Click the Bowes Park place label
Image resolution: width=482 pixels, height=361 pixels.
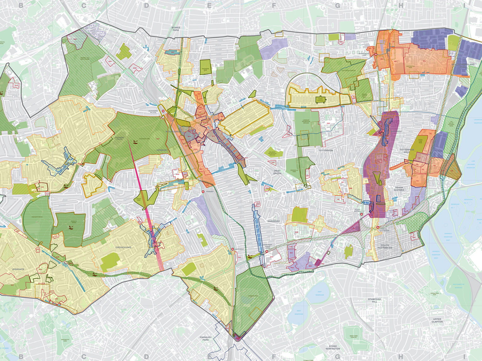click(x=176, y=29)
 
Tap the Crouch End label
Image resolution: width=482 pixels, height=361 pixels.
click(x=123, y=247)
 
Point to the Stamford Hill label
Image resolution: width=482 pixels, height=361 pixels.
click(x=374, y=301)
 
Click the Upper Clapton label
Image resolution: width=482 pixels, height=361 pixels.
click(x=437, y=320)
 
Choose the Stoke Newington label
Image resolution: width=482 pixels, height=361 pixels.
click(x=333, y=347)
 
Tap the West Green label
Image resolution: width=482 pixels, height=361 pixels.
click(x=277, y=172)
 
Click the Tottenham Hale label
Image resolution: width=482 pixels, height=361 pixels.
click(x=407, y=151)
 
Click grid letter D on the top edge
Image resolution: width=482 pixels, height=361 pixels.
click(x=147, y=5)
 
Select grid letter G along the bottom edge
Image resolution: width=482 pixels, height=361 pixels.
click(x=337, y=356)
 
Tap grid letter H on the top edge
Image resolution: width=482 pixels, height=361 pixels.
click(x=401, y=5)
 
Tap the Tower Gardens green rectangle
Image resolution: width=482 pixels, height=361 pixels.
click(x=320, y=100)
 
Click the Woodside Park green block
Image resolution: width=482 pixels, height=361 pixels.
click(x=205, y=67)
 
